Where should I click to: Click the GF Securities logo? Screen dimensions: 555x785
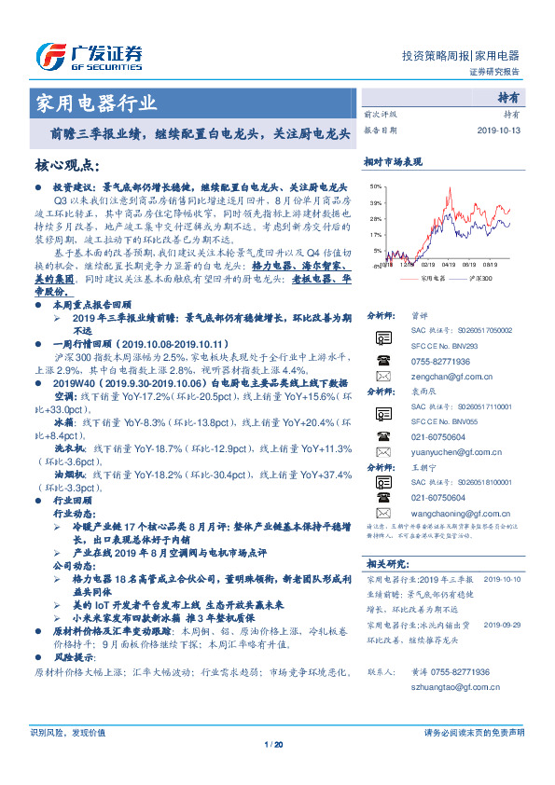point(90,58)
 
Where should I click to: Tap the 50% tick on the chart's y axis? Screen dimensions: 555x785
point(374,187)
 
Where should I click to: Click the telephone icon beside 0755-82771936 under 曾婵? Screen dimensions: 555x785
point(382,360)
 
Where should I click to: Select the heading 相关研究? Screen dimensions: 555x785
point(388,563)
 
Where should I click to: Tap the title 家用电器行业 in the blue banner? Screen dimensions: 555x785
point(96,103)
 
